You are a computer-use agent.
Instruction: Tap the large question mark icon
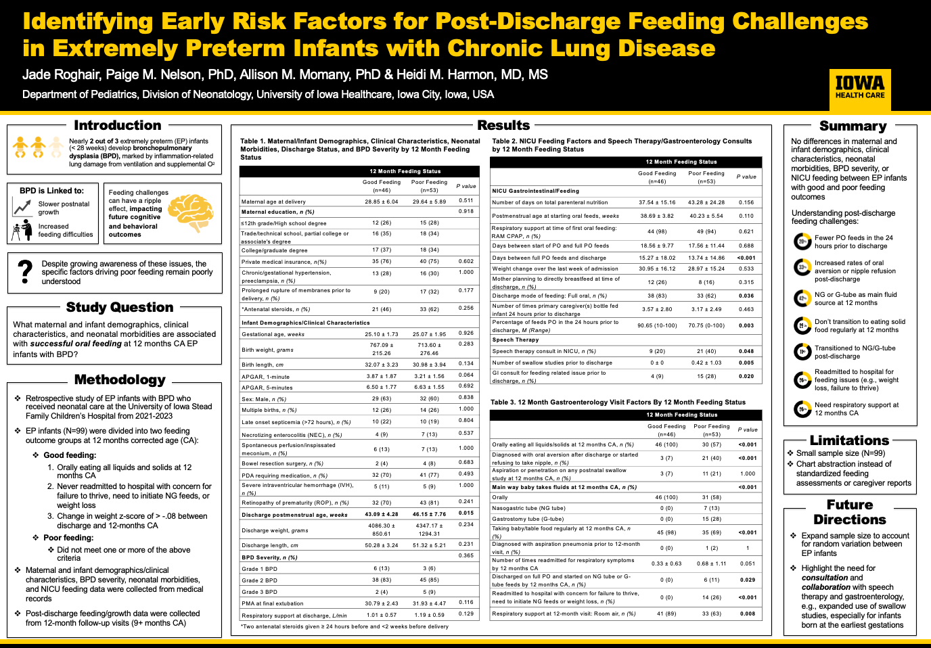click(26, 272)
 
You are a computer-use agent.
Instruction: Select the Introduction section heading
click(118, 125)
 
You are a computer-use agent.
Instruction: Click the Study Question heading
click(120, 307)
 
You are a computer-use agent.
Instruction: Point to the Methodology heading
click(120, 379)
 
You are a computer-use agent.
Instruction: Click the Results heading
click(503, 125)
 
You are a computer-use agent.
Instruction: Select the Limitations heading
click(849, 440)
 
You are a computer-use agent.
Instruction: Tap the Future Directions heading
click(849, 512)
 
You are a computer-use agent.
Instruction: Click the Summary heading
click(853, 126)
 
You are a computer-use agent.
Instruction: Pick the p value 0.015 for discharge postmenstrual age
click(466, 513)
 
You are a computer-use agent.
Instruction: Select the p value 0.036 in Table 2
click(746, 296)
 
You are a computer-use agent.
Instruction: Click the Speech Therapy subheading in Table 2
click(516, 340)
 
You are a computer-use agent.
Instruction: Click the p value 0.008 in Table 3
click(748, 614)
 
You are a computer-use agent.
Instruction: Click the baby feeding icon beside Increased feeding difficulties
click(22, 230)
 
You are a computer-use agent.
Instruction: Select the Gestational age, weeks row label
click(273, 334)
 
